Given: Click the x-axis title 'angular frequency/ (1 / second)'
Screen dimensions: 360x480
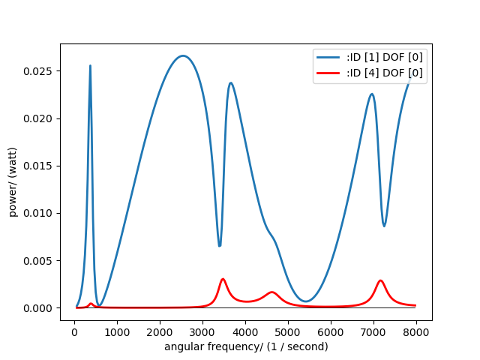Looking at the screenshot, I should [246, 346].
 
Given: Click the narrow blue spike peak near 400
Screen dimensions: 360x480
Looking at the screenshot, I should [90, 66].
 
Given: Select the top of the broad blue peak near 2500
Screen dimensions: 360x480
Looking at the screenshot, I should [182, 55].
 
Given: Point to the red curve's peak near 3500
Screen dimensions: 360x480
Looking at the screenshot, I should [223, 279].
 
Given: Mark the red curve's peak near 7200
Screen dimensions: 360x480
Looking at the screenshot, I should [381, 280].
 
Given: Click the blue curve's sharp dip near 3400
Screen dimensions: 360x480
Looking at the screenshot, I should [219, 245].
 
